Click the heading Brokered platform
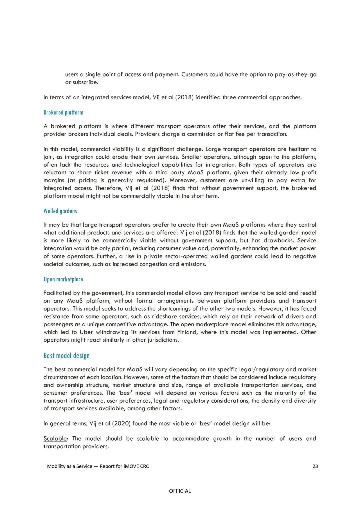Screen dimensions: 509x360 [63, 112]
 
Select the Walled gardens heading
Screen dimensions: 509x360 [60, 211]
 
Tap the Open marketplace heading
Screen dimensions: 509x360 [63, 279]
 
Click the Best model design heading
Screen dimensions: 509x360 [67, 356]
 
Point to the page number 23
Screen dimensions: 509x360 [315, 466]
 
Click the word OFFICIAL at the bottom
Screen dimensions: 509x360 [180, 491]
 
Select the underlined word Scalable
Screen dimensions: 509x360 [55, 439]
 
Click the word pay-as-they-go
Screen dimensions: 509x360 [296, 74]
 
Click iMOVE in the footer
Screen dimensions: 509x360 [131, 466]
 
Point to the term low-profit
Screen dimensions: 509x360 [303, 172]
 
